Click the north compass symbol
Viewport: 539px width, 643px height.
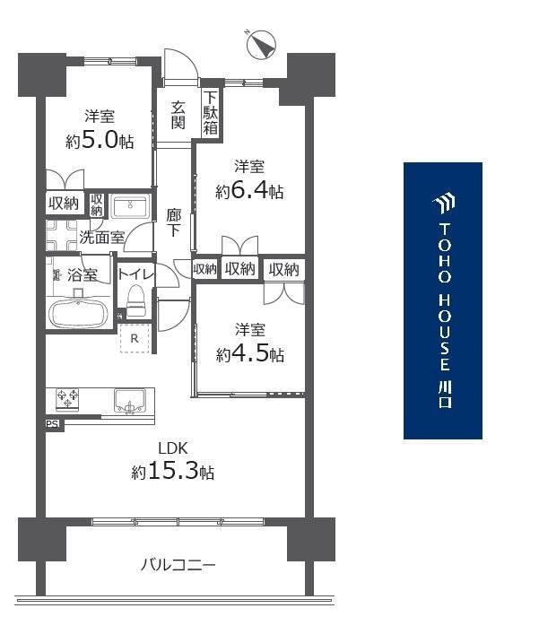pyautogui.click(x=261, y=43)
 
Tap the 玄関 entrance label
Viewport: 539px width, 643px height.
pyautogui.click(x=178, y=115)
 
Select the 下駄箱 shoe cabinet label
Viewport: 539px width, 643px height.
pyautogui.click(x=211, y=113)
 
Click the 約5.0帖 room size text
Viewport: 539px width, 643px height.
pyautogui.click(x=100, y=142)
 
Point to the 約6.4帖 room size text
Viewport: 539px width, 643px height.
pyautogui.click(x=249, y=191)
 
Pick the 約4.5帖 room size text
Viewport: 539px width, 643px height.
pyautogui.click(x=250, y=354)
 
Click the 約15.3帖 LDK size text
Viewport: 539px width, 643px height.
pyautogui.click(x=173, y=472)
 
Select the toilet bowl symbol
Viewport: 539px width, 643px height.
pyautogui.click(x=136, y=301)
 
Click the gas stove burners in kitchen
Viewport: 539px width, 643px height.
pyautogui.click(x=67, y=399)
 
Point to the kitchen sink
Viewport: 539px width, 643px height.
pyautogui.click(x=130, y=401)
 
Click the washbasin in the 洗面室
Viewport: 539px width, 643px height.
pyautogui.click(x=130, y=206)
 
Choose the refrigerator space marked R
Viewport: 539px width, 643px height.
pyautogui.click(x=135, y=338)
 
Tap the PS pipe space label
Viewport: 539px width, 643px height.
pyautogui.click(x=53, y=424)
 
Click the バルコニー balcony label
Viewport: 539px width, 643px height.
pyautogui.click(x=178, y=565)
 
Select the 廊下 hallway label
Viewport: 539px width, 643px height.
pyautogui.click(x=173, y=223)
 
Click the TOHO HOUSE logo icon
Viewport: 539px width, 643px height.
pyautogui.click(x=444, y=204)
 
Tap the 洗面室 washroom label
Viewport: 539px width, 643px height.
pyautogui.click(x=101, y=237)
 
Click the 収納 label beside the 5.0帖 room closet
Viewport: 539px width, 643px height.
pyautogui.click(x=64, y=203)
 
